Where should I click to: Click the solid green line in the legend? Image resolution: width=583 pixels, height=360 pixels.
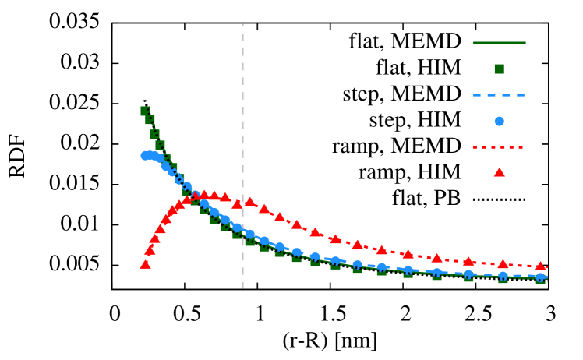(499, 43)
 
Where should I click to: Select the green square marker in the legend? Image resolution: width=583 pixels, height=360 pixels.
(499, 69)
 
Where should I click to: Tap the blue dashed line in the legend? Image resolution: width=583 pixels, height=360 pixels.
(499, 95)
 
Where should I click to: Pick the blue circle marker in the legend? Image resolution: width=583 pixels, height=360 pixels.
(499, 121)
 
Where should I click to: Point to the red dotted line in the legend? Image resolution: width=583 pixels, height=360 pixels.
(499, 146)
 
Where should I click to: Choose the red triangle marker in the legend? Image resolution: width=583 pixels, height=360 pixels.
(499, 172)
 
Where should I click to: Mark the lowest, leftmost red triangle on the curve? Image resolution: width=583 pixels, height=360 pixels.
(145, 264)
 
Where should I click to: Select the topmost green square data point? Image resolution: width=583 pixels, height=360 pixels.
(145, 111)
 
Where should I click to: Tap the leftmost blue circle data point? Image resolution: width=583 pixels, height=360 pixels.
(145, 156)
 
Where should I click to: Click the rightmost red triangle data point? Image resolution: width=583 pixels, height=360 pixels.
(540, 266)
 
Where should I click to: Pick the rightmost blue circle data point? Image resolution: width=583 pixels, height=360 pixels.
(540, 277)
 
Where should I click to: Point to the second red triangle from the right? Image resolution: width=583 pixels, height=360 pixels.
(503, 264)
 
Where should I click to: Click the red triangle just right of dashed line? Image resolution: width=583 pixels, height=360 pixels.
(250, 202)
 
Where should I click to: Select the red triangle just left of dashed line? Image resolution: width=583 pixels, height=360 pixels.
(237, 203)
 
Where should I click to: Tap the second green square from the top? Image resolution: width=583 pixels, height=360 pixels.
(150, 120)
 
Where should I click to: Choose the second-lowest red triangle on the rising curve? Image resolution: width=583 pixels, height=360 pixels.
(150, 250)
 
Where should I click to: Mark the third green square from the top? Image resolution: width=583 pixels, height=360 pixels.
(154, 134)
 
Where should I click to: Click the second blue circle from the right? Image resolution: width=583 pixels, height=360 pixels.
(503, 276)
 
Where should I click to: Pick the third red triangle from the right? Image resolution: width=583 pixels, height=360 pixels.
(468, 262)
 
